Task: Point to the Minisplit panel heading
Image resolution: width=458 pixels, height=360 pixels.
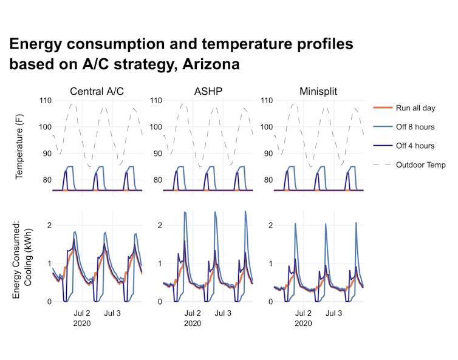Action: click(x=318, y=92)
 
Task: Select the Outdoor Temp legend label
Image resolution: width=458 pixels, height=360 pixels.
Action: click(x=420, y=165)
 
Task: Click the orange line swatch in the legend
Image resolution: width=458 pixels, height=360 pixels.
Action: click(x=381, y=107)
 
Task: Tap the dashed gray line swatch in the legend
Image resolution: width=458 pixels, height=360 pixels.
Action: click(x=381, y=165)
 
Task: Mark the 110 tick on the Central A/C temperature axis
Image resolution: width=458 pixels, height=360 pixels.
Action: click(x=45, y=100)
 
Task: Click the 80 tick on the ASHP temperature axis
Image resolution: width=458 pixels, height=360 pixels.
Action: click(x=157, y=180)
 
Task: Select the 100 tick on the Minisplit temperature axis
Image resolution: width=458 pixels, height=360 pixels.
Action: click(x=264, y=127)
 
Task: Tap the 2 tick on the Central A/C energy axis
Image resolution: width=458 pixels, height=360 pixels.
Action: click(x=49, y=225)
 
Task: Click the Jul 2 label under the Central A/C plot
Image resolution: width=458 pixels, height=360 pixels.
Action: click(x=81, y=313)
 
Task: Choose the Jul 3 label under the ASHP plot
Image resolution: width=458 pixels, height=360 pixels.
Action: click(x=223, y=313)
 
